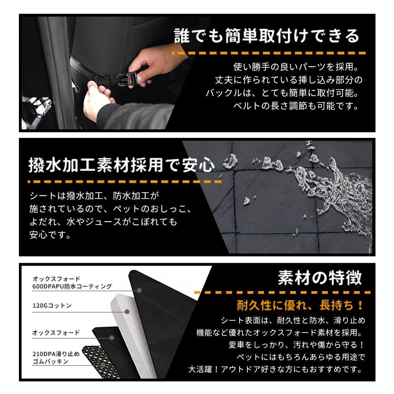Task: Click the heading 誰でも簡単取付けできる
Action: click(267, 36)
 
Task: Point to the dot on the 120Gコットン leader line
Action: click(127, 312)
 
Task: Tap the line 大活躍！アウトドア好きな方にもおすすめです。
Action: click(275, 370)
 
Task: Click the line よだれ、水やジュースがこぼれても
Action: click(103, 222)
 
